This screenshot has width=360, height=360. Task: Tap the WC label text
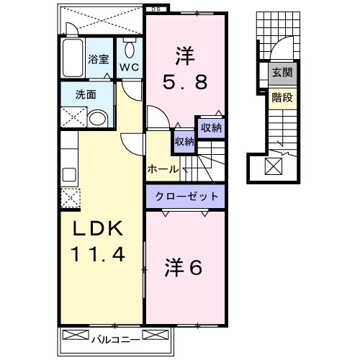click(x=129, y=66)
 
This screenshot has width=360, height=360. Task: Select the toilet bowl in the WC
click(x=130, y=49)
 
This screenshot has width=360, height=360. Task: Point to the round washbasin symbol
click(x=98, y=119)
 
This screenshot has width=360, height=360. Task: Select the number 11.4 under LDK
click(x=99, y=253)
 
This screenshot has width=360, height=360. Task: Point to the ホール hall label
click(x=163, y=169)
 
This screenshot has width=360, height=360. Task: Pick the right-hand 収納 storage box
click(x=211, y=127)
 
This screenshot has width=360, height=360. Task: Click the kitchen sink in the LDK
click(x=69, y=175)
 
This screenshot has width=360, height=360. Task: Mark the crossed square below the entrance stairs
click(x=275, y=166)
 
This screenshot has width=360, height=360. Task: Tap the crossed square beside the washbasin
click(x=71, y=118)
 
